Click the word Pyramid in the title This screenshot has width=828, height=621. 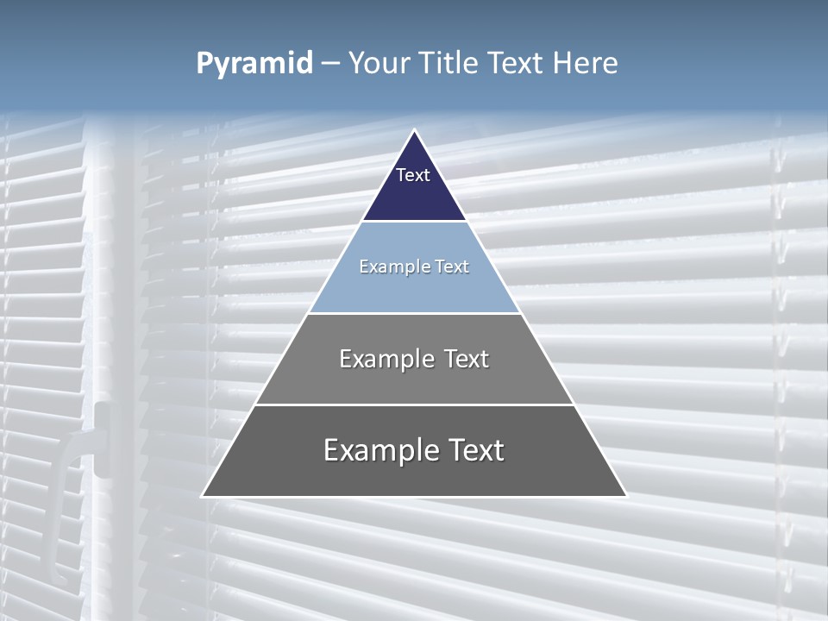coord(254,64)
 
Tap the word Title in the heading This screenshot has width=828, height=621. coord(448,63)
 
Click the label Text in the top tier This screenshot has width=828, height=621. coord(413,175)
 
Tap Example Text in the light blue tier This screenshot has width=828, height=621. coord(414,267)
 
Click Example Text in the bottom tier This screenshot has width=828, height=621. coord(414,450)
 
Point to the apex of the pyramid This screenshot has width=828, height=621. coord(414,131)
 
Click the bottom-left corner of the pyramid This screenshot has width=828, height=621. coord(203,496)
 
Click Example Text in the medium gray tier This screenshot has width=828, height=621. coord(414,359)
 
